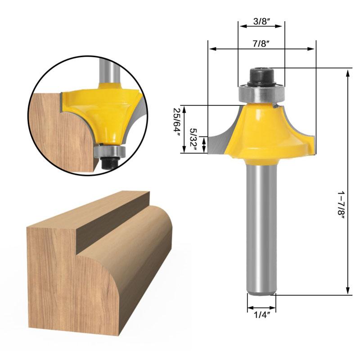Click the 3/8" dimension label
(x=261, y=21)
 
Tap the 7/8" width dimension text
(x=261, y=44)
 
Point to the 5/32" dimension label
(x=193, y=139)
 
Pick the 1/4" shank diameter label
(x=261, y=315)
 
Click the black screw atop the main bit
(x=261, y=76)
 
